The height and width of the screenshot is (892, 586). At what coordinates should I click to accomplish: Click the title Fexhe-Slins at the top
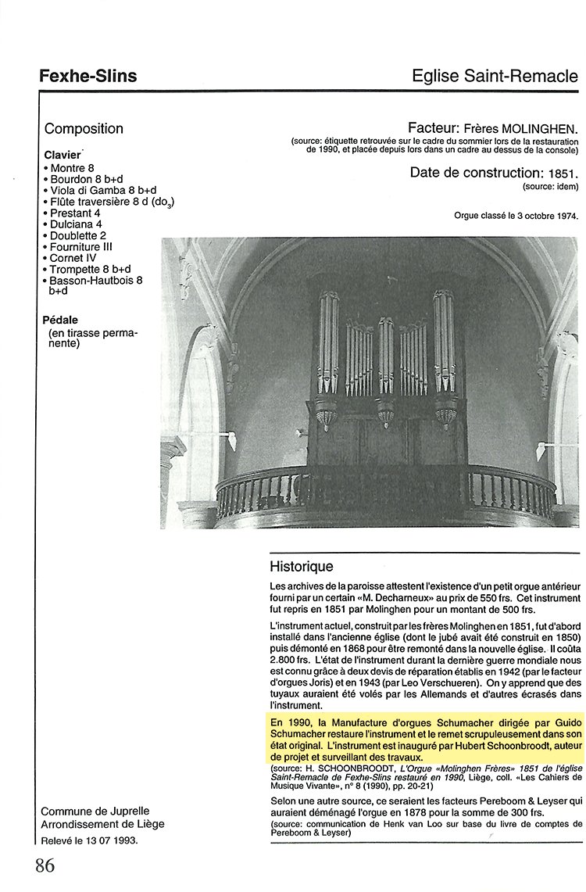pyautogui.click(x=88, y=76)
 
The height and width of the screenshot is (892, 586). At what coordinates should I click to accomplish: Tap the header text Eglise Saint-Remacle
pyautogui.click(x=495, y=76)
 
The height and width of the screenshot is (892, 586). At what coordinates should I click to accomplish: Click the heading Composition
pyautogui.click(x=84, y=129)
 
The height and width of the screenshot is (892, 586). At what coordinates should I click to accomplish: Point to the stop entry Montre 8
pyautogui.click(x=72, y=168)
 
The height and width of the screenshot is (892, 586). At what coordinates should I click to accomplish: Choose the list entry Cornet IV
pyautogui.click(x=73, y=258)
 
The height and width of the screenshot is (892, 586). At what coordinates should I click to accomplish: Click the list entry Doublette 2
pyautogui.click(x=78, y=235)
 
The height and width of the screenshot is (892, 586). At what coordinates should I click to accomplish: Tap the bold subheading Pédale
pyautogui.click(x=61, y=320)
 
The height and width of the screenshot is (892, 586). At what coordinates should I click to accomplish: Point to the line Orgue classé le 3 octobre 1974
pyautogui.click(x=516, y=216)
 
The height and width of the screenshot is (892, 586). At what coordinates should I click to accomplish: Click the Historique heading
pyautogui.click(x=302, y=567)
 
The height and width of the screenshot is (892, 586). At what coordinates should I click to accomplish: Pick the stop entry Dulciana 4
pyautogui.click(x=76, y=224)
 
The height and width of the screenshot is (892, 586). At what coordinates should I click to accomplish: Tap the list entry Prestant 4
pyautogui.click(x=75, y=213)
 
